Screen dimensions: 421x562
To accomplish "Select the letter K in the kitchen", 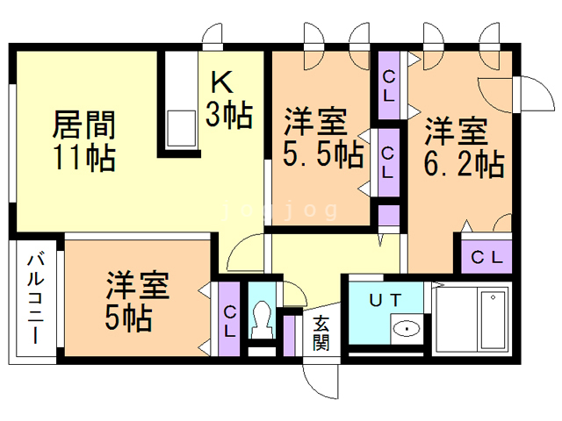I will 222,82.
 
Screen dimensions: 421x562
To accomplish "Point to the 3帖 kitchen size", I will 231,114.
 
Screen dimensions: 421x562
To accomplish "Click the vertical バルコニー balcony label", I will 36,298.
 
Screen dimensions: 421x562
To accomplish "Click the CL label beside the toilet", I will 229,321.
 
